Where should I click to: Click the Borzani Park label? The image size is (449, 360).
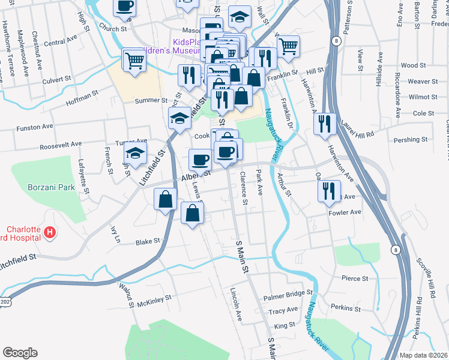50,187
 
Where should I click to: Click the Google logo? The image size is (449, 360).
20,352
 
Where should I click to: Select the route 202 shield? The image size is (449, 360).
5,300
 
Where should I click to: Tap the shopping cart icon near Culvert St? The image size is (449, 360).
133,59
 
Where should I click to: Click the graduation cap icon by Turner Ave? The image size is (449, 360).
136,153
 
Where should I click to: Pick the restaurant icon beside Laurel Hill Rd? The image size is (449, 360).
325,124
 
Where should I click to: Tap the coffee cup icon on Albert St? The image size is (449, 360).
200,160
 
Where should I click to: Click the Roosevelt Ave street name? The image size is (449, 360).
60,145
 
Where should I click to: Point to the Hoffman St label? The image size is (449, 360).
83,95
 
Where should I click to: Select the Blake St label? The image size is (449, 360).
148,241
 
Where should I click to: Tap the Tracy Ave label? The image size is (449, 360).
283,310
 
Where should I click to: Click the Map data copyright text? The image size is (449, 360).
423,354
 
